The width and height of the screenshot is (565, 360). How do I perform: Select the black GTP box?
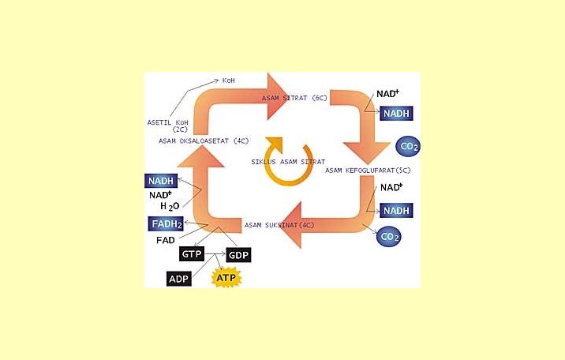point(193,254)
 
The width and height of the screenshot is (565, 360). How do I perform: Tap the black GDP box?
point(238,255)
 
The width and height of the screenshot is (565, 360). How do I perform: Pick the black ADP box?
point(178,279)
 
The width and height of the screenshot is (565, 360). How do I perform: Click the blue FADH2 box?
point(166,224)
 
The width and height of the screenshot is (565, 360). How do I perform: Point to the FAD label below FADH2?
point(165,240)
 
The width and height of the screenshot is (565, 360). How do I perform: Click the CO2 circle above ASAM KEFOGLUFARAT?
point(408,147)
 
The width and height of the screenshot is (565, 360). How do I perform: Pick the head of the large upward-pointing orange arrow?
point(196,167)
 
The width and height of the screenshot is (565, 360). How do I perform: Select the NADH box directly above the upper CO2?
point(397,114)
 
